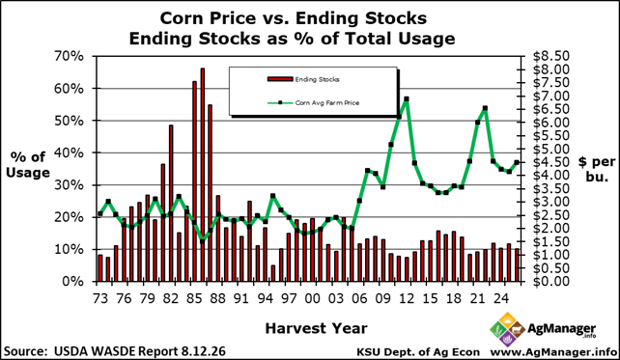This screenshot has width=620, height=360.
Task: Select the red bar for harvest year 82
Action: (x=171, y=204)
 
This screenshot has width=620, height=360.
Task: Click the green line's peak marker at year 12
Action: (x=406, y=99)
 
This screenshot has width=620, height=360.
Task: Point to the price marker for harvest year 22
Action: (x=485, y=108)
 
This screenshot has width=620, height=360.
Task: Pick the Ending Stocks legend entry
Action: (x=303, y=79)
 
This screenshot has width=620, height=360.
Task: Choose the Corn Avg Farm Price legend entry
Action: (x=314, y=102)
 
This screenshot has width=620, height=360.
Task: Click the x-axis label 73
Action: (x=100, y=298)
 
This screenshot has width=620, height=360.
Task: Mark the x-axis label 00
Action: (x=312, y=298)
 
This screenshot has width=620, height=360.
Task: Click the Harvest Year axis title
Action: (x=317, y=328)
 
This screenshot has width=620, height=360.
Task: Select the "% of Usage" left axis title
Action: (x=28, y=165)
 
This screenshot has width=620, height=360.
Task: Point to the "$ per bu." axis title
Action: (x=597, y=169)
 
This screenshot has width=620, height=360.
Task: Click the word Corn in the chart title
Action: (x=183, y=18)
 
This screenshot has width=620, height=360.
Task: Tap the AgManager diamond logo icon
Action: (x=507, y=329)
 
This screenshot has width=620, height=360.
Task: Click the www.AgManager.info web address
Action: (x=553, y=351)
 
